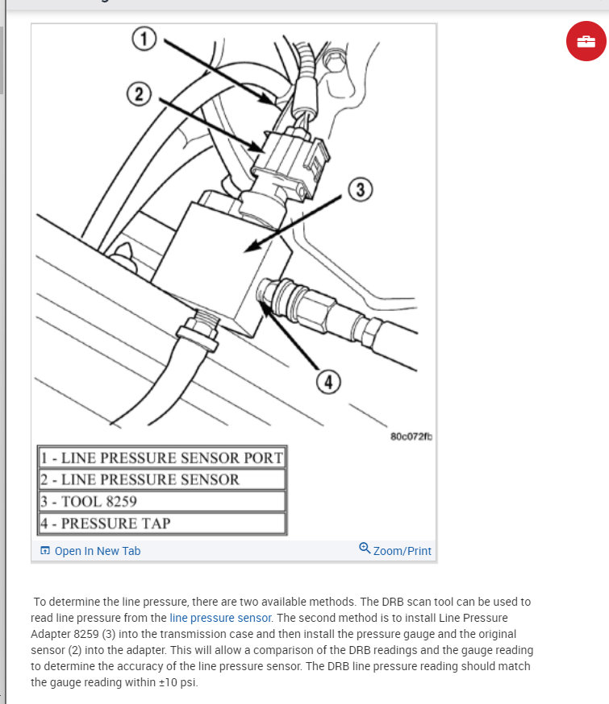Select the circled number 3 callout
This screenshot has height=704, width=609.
pyautogui.click(x=360, y=189)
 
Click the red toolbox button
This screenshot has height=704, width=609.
pyautogui.click(x=586, y=40)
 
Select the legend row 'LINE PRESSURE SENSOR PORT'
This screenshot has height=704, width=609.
pyautogui.click(x=162, y=458)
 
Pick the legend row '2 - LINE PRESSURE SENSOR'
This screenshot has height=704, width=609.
pyautogui.click(x=162, y=479)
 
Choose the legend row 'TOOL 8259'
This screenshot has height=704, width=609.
pyautogui.click(x=162, y=501)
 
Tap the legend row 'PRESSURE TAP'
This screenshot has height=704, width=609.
pyautogui.click(x=162, y=523)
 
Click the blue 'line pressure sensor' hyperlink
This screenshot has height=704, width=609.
pyautogui.click(x=221, y=618)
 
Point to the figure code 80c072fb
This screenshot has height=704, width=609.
pyautogui.click(x=411, y=437)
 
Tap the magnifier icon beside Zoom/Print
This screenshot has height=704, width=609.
pyautogui.click(x=365, y=549)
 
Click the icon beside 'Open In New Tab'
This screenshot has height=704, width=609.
pyautogui.click(x=45, y=551)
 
